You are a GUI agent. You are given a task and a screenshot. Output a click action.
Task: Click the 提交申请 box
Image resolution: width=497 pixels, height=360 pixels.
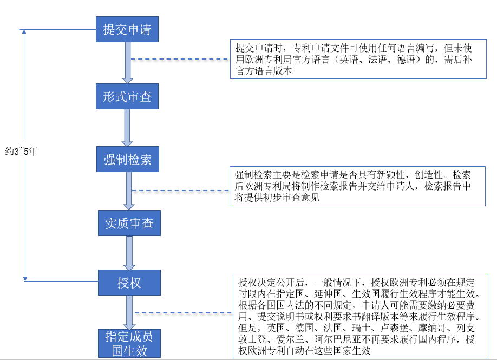pos(127,29)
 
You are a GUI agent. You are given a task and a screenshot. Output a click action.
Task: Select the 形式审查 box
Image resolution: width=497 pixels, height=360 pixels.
pos(127,96)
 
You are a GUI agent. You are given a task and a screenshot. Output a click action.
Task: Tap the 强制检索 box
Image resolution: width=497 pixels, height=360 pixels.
pos(128,159)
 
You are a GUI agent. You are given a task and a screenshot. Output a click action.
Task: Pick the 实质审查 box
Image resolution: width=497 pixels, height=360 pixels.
pos(129,223)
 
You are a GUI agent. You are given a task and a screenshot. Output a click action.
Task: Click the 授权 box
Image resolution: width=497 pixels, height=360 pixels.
pos(129,283)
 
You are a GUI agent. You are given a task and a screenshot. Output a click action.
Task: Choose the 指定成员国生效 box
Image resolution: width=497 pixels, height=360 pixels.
pos(129,344)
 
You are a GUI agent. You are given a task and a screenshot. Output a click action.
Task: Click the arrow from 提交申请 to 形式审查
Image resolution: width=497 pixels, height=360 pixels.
pos(127,63)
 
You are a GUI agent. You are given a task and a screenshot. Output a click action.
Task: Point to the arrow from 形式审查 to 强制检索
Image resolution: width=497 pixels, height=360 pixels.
pos(127,128)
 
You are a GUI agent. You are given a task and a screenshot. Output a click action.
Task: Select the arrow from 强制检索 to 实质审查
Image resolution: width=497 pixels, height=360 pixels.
pos(129,191)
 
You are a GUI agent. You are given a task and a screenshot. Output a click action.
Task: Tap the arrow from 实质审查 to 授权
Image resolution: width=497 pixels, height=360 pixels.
pos(129,253)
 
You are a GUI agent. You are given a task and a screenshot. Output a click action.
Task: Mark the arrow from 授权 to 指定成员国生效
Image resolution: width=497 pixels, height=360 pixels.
pos(129,312)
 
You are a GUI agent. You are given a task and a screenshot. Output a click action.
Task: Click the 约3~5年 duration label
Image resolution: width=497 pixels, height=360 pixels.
pos(22,151)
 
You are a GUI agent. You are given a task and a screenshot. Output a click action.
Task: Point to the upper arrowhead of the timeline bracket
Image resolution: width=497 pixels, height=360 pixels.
pos(24,31)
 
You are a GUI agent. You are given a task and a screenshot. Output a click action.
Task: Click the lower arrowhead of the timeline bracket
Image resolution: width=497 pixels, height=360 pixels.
pos(25,279)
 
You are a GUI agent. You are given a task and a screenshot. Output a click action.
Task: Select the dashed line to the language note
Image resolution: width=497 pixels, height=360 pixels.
pos(180,59)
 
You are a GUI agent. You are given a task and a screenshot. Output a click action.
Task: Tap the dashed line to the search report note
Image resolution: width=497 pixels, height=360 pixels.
pos(180,191)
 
